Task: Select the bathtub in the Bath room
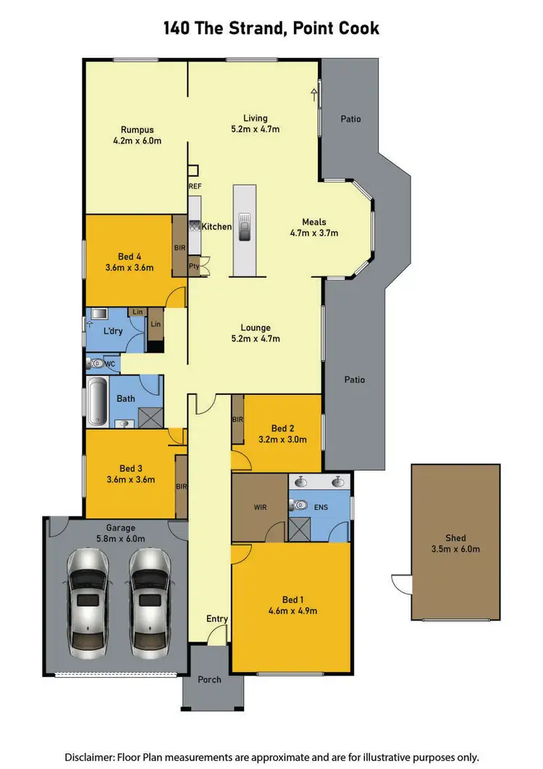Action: (x=96, y=401)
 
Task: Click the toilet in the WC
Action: (x=94, y=363)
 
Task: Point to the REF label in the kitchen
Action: (x=195, y=186)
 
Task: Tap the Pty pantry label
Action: (x=194, y=266)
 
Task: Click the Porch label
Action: (x=210, y=680)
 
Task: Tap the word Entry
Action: (x=217, y=618)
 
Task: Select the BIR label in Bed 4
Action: (x=180, y=247)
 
